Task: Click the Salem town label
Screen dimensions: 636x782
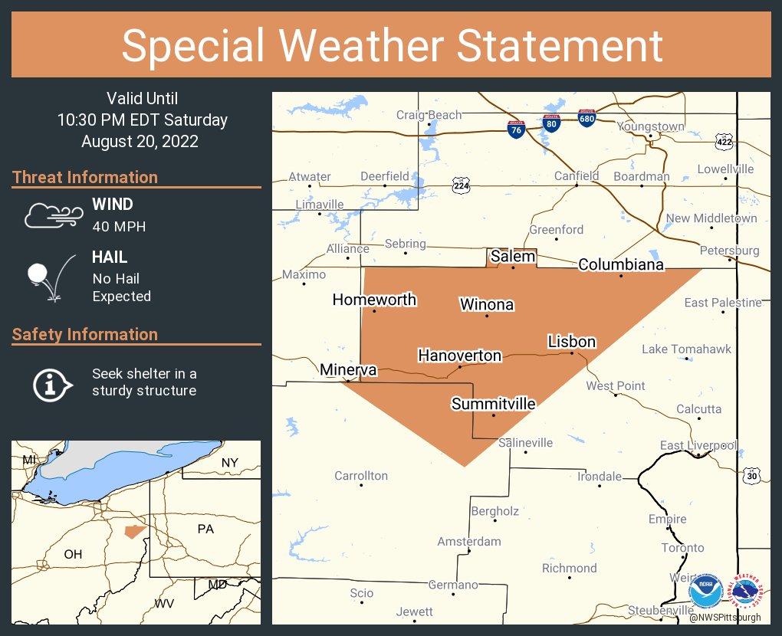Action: pyautogui.click(x=512, y=257)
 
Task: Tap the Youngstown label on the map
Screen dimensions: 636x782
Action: pyautogui.click(x=650, y=126)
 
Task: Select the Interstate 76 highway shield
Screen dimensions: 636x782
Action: pyautogui.click(x=516, y=129)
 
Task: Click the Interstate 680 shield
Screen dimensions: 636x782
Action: pyautogui.click(x=586, y=118)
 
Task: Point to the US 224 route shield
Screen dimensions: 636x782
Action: pyautogui.click(x=460, y=185)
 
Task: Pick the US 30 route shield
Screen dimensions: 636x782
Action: pyautogui.click(x=751, y=476)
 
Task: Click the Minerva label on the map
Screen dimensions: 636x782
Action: pyautogui.click(x=349, y=370)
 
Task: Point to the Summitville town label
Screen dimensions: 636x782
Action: pyautogui.click(x=493, y=404)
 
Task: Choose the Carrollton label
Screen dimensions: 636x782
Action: pyautogui.click(x=361, y=476)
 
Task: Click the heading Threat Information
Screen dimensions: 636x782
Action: pyautogui.click(x=85, y=177)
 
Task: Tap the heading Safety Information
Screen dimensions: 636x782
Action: pyautogui.click(x=85, y=334)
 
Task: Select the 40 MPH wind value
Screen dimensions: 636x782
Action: pyautogui.click(x=119, y=226)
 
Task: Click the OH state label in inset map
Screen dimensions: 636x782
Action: pyautogui.click(x=73, y=554)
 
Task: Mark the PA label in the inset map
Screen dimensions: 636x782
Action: pyautogui.click(x=206, y=529)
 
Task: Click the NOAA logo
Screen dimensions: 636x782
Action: pyautogui.click(x=705, y=592)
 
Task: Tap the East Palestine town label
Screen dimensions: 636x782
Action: pyautogui.click(x=723, y=303)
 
